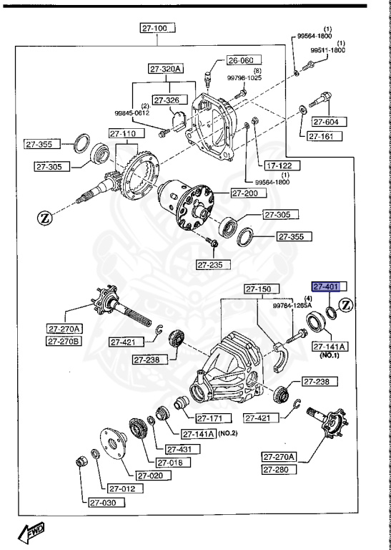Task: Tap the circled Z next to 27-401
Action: tap(347, 306)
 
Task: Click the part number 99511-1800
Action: tap(328, 51)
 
